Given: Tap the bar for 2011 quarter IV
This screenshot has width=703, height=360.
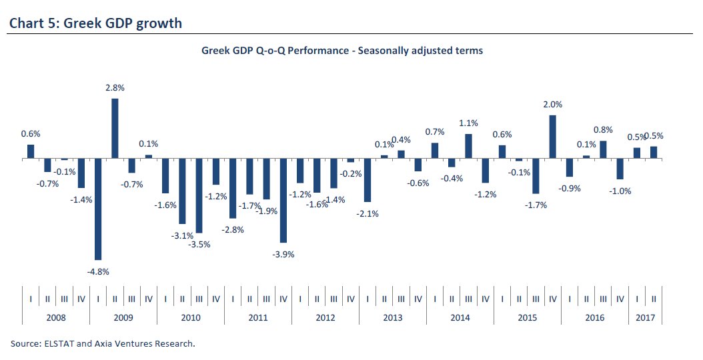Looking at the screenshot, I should pos(283,200).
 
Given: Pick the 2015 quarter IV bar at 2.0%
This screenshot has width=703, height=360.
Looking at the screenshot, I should pos(553,137).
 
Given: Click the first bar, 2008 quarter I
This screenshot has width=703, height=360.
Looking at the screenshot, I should pos(31,152).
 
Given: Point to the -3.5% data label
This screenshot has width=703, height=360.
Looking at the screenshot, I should pos(199,244).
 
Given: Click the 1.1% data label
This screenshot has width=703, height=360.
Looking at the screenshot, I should pos(470,123).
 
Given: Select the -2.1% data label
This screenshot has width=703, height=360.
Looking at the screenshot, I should pos(368,213).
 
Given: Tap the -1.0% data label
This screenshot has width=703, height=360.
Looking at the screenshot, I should pos(620,191).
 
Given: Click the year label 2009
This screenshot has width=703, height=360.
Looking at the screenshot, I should pos(123,317).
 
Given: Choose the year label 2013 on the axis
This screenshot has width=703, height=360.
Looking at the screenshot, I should pos(393,317).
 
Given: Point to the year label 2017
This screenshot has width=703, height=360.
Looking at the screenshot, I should pos(645,317).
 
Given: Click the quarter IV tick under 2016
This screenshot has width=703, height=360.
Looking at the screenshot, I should pos(620,299).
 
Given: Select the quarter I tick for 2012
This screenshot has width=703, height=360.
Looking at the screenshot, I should pos(300,299).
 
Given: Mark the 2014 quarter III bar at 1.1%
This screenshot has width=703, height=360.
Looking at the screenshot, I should pos(468,146).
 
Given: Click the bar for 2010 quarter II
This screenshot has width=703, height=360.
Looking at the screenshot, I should pos(182,191).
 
